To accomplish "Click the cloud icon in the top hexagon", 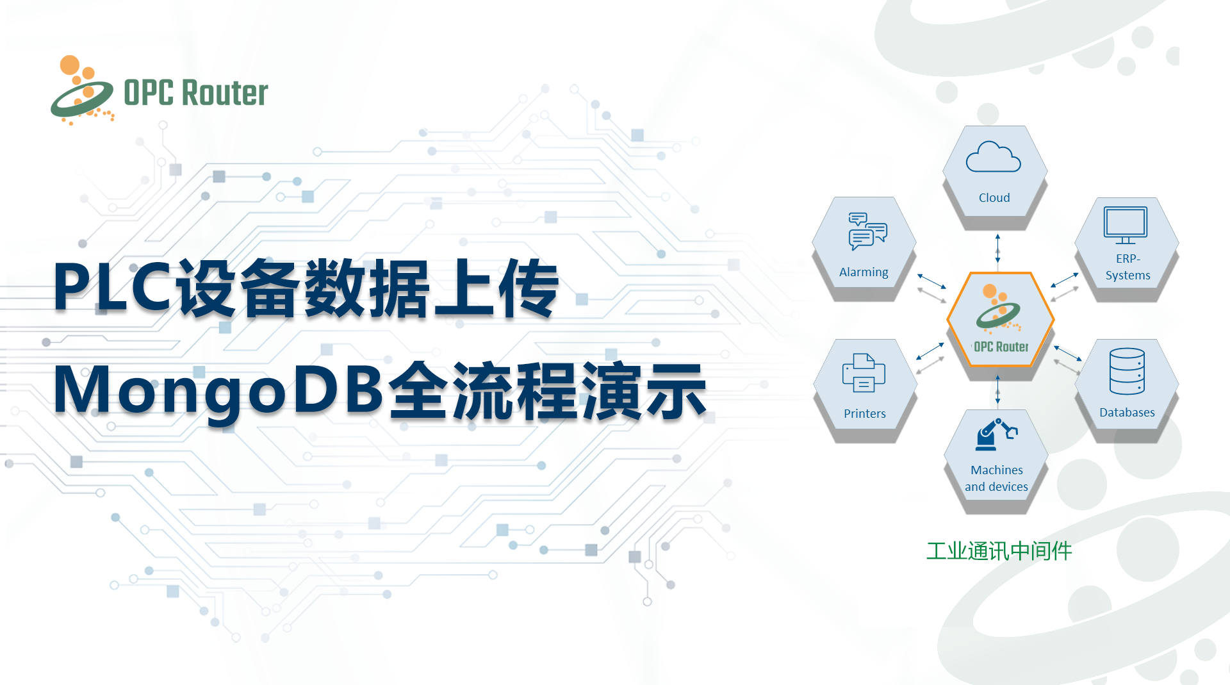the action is (993, 157).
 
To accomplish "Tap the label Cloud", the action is (994, 198).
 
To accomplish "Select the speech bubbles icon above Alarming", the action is (867, 231).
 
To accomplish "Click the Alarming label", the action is (864, 272).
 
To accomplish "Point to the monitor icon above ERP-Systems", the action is (1126, 225).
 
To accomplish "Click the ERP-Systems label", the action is (1128, 267).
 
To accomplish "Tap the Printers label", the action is (865, 414).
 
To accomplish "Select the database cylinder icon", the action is (1127, 371).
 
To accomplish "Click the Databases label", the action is (1127, 413).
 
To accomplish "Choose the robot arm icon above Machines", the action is (996, 434).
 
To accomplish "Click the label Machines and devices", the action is (997, 479).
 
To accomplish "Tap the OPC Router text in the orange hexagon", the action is (1001, 347).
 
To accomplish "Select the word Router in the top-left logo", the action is (225, 94).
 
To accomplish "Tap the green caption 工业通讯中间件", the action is (999, 551).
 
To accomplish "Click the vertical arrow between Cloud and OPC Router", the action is (997, 249).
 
